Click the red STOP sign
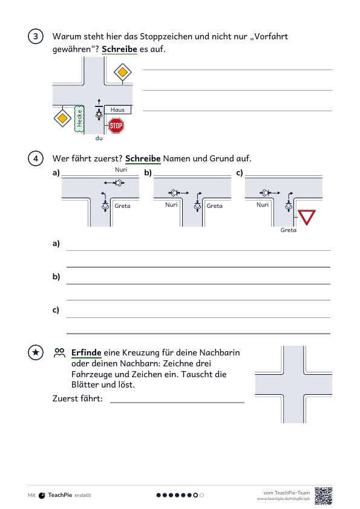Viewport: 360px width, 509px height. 116,126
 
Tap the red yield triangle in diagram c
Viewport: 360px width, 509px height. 307,217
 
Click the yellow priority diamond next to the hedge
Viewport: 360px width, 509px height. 62,118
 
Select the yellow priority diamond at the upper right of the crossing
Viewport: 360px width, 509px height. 122,72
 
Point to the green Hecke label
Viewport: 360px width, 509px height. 79,118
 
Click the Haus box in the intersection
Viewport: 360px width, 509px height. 117,110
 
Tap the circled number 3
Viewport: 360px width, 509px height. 36,36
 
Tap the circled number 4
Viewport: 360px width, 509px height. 36,158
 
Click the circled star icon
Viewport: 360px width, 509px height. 36,352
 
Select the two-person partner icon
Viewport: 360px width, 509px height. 59,353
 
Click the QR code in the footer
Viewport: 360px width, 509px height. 323,496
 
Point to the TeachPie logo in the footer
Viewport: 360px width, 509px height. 42,495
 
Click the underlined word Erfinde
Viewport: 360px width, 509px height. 86,352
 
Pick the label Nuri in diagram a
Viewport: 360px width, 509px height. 121,169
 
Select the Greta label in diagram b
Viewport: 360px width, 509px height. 214,206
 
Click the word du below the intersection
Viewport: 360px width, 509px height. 99,138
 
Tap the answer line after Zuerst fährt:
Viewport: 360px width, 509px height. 177,403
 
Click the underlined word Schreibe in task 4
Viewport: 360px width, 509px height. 143,159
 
